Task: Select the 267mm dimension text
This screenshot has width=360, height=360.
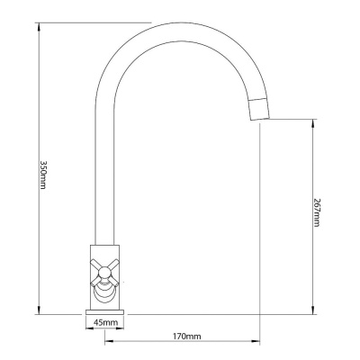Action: pyautogui.click(x=317, y=212)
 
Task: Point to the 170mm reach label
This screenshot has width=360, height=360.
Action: pyautogui.click(x=186, y=336)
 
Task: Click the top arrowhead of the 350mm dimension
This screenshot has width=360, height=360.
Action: pyautogui.click(x=39, y=26)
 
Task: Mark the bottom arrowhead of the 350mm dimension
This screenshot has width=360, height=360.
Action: pyautogui.click(x=39, y=310)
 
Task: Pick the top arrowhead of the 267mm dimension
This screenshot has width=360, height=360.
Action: pyautogui.click(x=313, y=123)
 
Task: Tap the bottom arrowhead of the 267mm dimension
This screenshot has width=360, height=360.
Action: pyautogui.click(x=313, y=310)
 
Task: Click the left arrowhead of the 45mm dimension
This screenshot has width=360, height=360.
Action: pyautogui.click(x=89, y=328)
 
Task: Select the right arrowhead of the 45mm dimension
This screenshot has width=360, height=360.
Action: pyautogui.click(x=120, y=328)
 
